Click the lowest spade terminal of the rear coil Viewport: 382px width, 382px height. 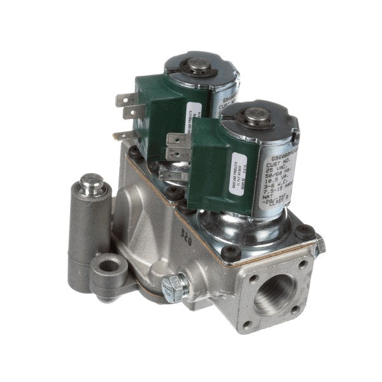click(x=122, y=135)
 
